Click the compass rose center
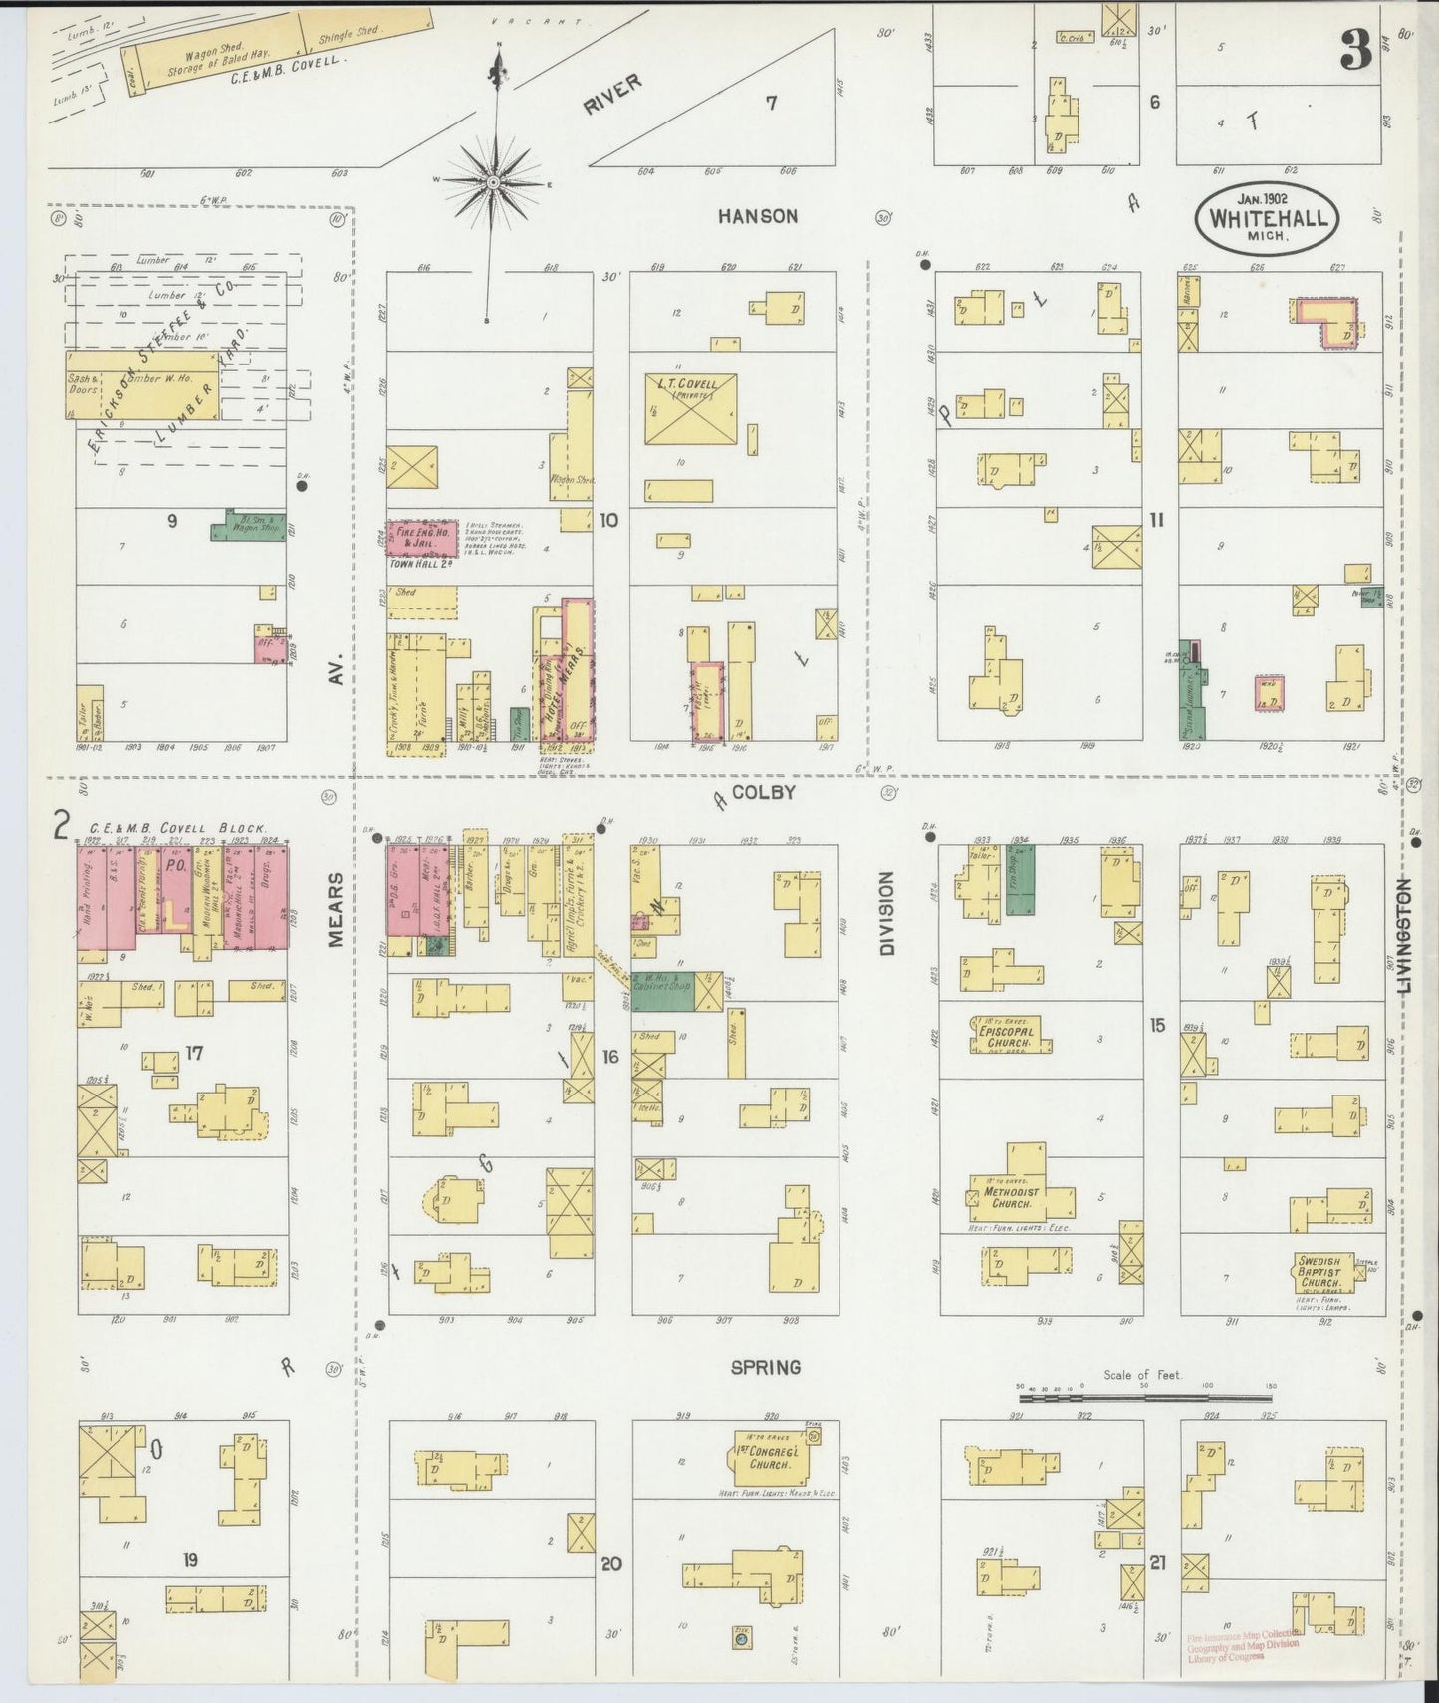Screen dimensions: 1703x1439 point(493,183)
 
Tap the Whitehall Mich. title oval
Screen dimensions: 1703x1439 point(1268,218)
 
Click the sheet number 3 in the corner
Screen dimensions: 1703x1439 point(1355,49)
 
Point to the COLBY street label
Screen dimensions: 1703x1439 point(763,792)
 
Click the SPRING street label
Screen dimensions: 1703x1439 point(765,1367)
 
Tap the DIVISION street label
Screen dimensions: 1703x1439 point(886,914)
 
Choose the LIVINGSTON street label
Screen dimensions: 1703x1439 point(1404,935)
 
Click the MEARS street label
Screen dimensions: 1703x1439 point(336,908)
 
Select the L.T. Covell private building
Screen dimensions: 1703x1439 point(690,409)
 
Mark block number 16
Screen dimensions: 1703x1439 point(609,1056)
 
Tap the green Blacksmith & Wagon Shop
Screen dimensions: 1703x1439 point(247,528)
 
